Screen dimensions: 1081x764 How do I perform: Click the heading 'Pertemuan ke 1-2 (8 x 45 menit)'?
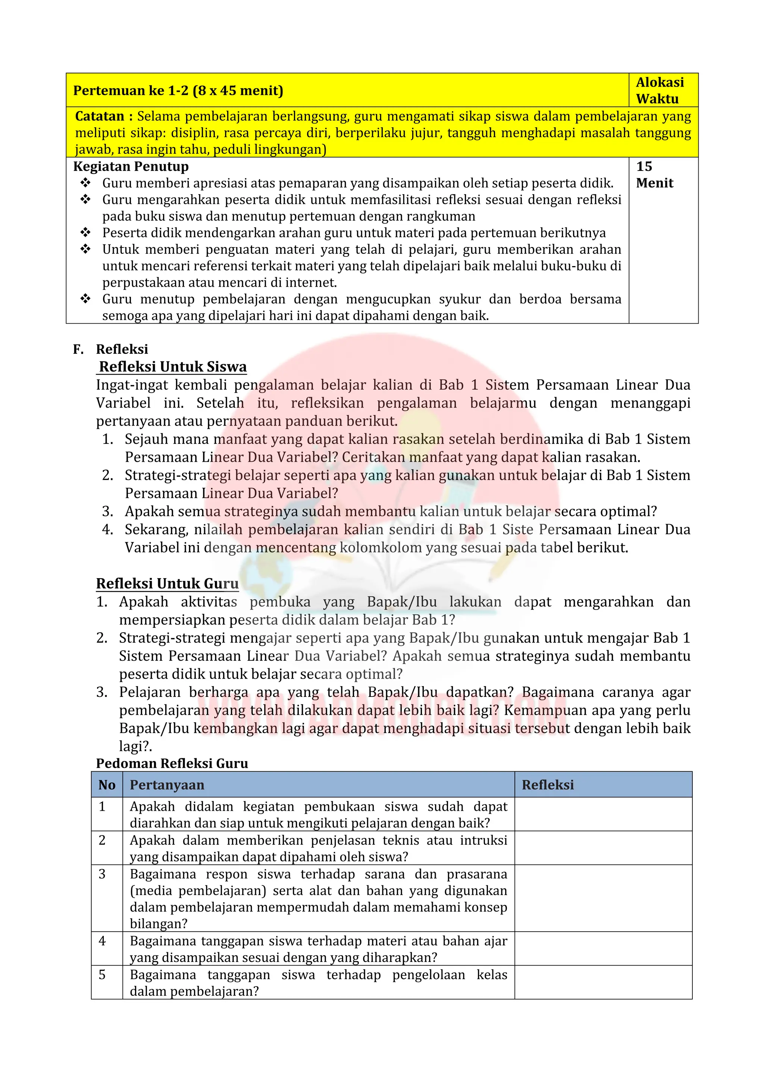178,90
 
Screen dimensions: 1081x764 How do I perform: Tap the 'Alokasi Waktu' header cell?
660,90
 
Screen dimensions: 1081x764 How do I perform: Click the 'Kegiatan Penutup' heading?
131,167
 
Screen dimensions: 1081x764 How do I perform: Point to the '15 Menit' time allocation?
654,175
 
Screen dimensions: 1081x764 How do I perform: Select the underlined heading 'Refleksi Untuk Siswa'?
173,367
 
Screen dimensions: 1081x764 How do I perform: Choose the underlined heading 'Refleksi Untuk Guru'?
167,583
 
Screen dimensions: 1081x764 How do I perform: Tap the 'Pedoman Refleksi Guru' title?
172,763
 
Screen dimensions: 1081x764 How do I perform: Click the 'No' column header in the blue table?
107,785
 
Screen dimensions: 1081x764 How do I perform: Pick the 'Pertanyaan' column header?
167,785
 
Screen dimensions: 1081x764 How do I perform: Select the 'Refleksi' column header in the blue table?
548,785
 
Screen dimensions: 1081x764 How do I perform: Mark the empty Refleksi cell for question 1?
603,814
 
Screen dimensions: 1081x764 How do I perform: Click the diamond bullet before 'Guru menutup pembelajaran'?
85,299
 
